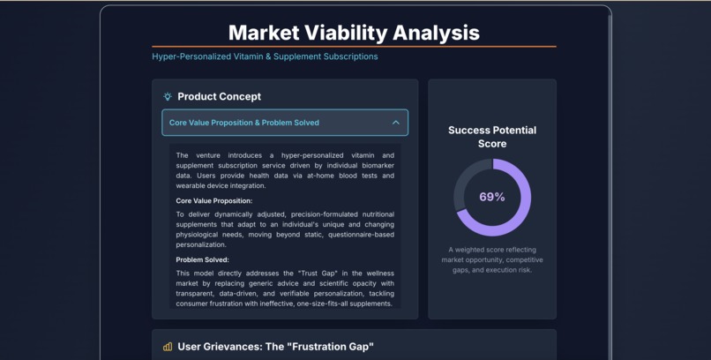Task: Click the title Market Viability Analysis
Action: (x=354, y=33)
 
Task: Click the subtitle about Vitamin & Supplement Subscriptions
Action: (x=265, y=56)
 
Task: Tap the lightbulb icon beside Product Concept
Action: (x=168, y=97)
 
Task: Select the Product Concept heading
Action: (x=219, y=97)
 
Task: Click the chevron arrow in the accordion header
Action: (x=395, y=123)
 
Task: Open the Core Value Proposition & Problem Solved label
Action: (x=244, y=123)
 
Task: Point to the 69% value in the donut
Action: (x=492, y=197)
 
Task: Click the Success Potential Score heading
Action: (x=492, y=137)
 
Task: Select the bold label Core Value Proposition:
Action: (x=214, y=201)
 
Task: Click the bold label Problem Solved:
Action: (x=202, y=260)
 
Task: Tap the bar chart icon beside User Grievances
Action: (x=168, y=347)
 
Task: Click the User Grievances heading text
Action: (x=275, y=347)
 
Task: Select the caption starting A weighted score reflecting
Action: (x=492, y=259)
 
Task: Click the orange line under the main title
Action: (x=354, y=46)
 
